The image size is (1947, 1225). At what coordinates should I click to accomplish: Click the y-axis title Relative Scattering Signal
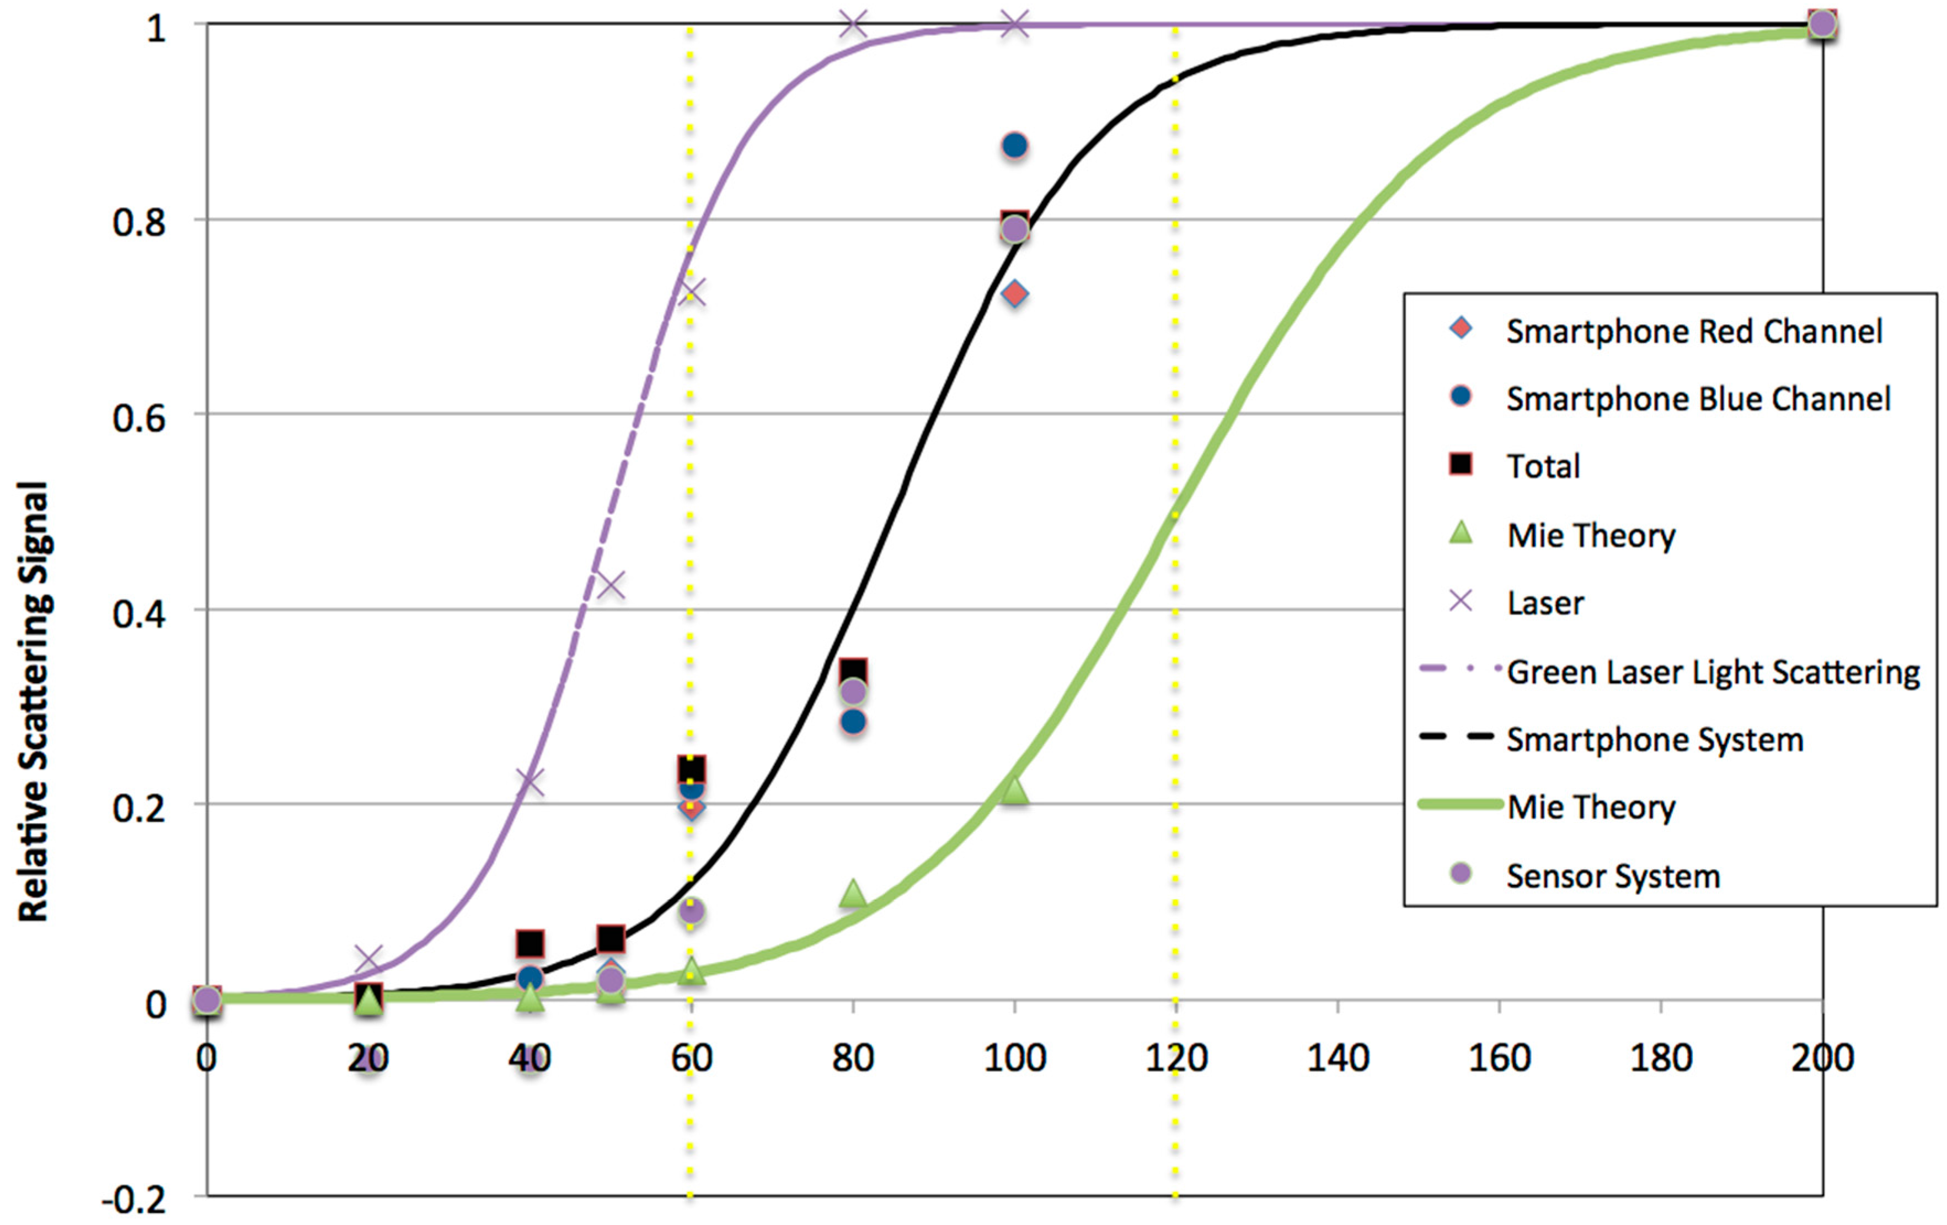[34, 701]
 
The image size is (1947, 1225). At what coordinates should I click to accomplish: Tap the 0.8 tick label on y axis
[139, 222]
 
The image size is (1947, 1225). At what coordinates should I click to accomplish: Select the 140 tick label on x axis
[1338, 1058]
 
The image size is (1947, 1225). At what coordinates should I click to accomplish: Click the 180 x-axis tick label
[1661, 1058]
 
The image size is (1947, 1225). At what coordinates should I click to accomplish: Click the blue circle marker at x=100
[1015, 146]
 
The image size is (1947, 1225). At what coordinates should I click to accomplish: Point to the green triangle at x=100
[1015, 790]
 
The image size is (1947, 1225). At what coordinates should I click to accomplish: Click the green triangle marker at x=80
[853, 894]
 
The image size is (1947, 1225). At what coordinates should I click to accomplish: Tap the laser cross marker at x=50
[611, 584]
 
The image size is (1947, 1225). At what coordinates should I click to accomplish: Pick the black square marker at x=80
[853, 671]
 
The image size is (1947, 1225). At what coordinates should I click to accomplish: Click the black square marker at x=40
[529, 943]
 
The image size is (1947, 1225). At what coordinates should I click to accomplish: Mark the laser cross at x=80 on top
[853, 24]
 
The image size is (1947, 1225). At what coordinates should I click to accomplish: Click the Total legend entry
[1543, 466]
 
